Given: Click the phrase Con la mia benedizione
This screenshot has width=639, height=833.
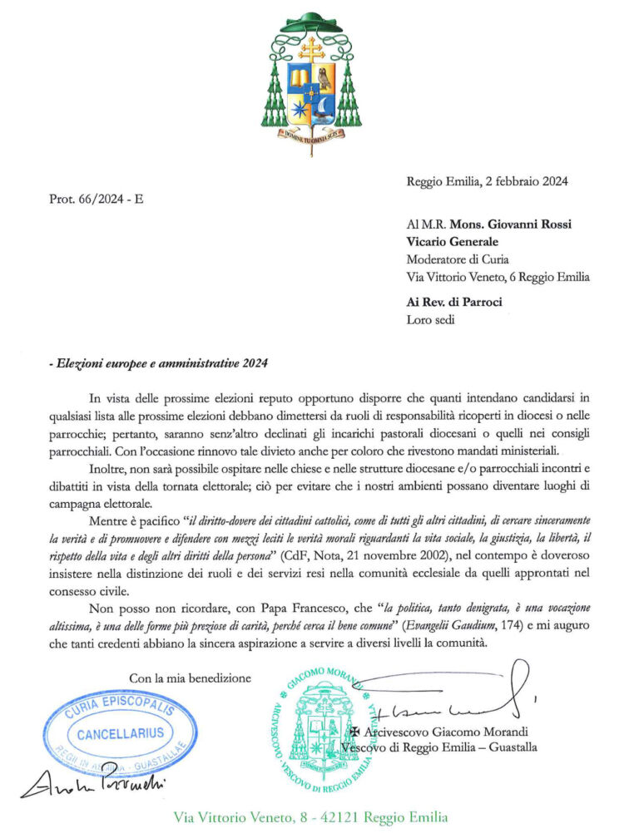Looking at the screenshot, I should point(190,678).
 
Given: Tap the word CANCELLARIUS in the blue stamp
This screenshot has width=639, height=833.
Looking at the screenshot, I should point(121,734).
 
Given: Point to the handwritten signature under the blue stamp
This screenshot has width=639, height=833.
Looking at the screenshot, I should point(92,786).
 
